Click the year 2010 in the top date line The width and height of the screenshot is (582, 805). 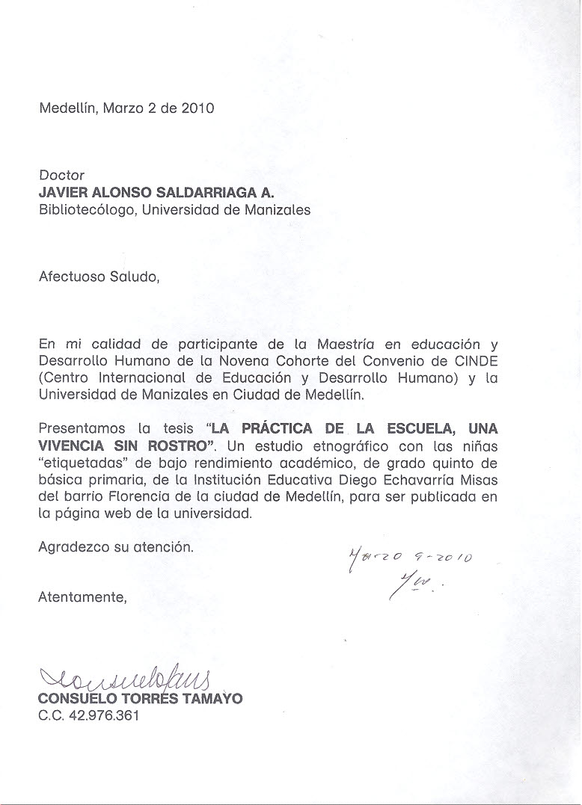click(197, 108)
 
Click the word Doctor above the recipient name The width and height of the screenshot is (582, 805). click(61, 175)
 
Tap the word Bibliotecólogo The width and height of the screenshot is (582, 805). click(88, 210)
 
